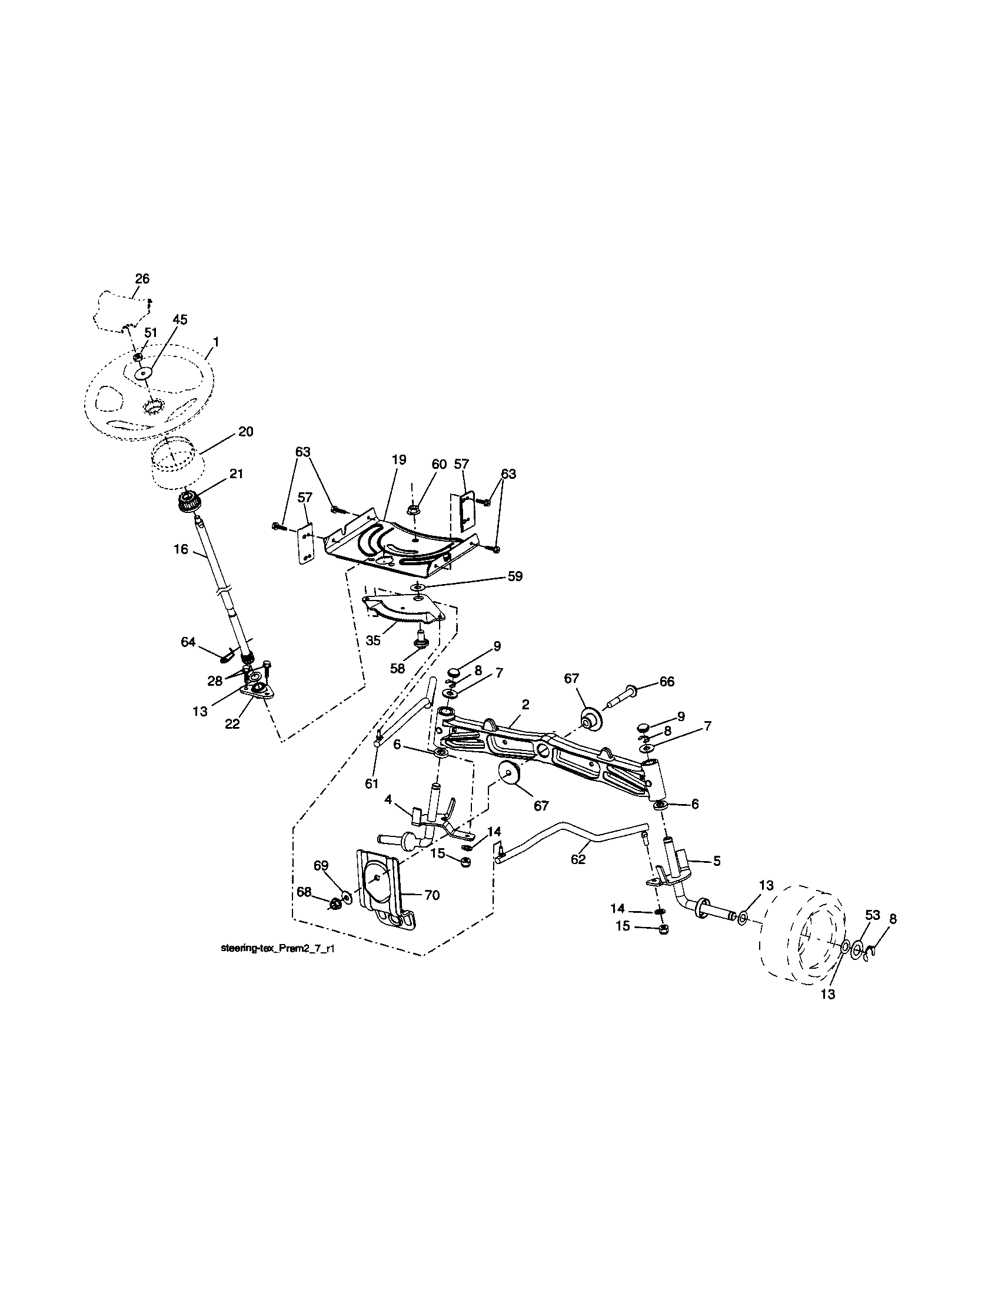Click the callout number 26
pos(142,278)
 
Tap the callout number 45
pos(179,320)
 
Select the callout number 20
pos(245,431)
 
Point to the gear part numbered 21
pos(189,503)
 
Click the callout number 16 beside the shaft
pos(181,549)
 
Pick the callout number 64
pos(188,642)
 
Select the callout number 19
pos(399,460)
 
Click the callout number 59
pos(515,576)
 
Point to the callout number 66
pos(667,682)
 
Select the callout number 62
pos(578,859)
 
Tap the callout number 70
pos(432,895)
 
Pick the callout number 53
pos(872,915)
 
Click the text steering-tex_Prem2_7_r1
pos(281,949)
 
